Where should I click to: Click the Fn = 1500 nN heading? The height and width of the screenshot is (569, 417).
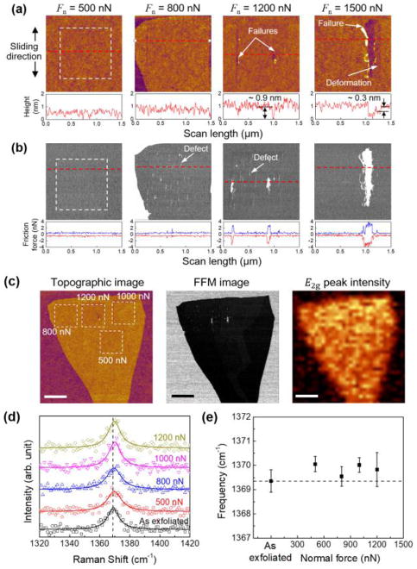click(x=354, y=9)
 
